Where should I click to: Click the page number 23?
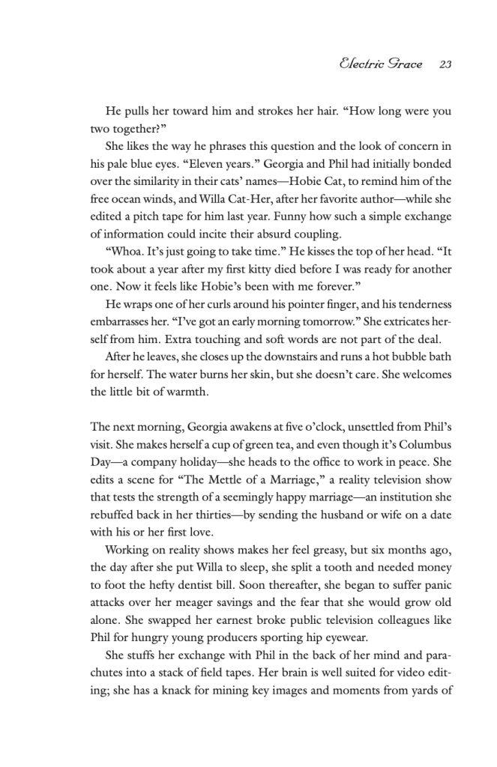pos(445,64)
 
